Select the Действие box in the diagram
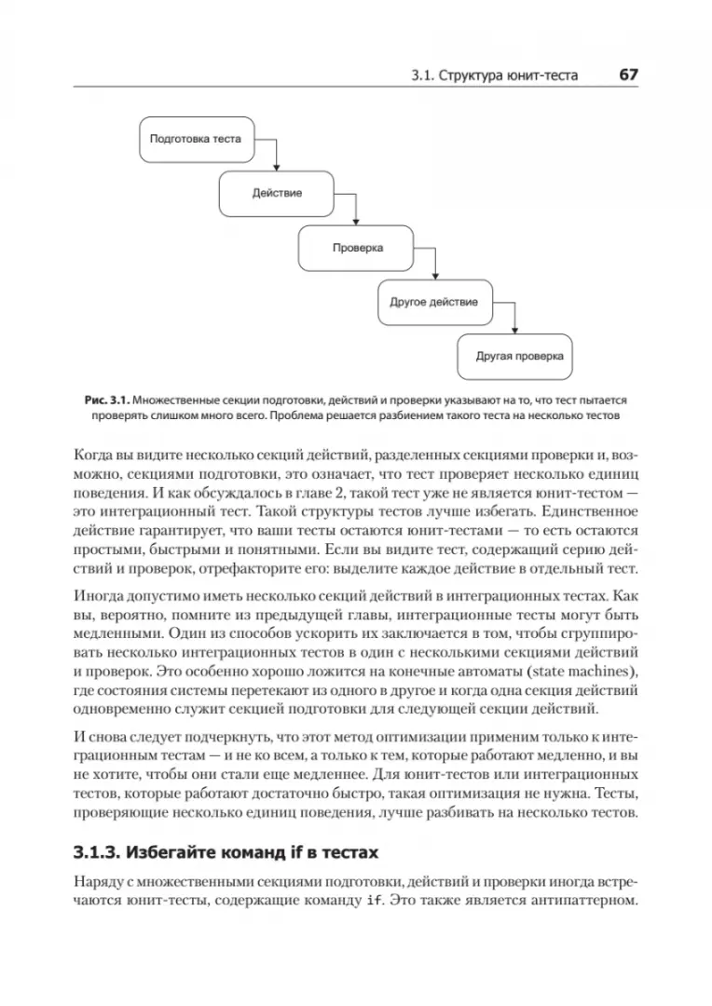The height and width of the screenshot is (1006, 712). [277, 193]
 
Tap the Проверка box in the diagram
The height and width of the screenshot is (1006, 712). [357, 248]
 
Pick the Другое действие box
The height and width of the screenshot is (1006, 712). [434, 302]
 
